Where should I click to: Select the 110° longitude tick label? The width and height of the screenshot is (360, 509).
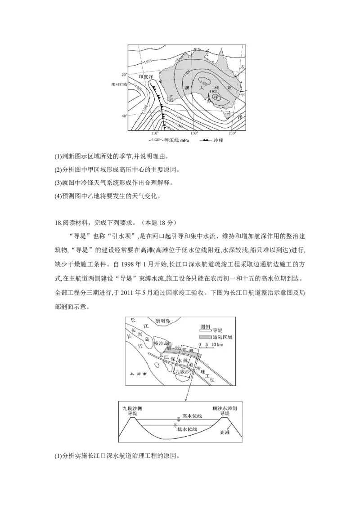(155, 134)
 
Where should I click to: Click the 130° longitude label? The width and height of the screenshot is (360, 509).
(194, 134)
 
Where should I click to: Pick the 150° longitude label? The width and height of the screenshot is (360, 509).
(233, 134)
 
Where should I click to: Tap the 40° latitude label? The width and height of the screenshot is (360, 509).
(124, 116)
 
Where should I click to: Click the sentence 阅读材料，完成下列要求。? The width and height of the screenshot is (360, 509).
(101, 222)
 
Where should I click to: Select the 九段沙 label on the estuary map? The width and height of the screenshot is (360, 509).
(182, 372)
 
